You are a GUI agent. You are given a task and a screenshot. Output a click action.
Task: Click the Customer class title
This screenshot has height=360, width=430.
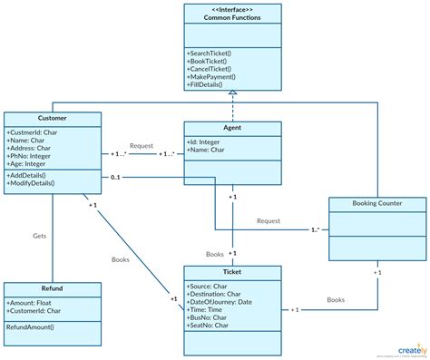click(x=51, y=118)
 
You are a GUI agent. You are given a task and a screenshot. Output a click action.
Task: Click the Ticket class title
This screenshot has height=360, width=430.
click(x=232, y=271)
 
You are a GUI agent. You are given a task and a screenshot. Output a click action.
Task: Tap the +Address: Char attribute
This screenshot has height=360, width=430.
click(x=34, y=148)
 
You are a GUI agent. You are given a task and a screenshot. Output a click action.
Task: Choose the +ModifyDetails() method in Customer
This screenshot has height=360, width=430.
click(x=32, y=183)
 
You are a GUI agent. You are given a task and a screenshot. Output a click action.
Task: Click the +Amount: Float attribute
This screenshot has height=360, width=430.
click(x=33, y=302)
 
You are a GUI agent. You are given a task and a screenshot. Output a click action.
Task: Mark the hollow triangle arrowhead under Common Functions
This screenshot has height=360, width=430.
click(x=232, y=92)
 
